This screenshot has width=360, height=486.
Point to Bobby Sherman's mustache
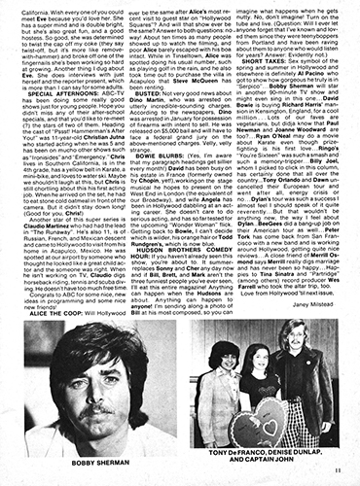(84, 401)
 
